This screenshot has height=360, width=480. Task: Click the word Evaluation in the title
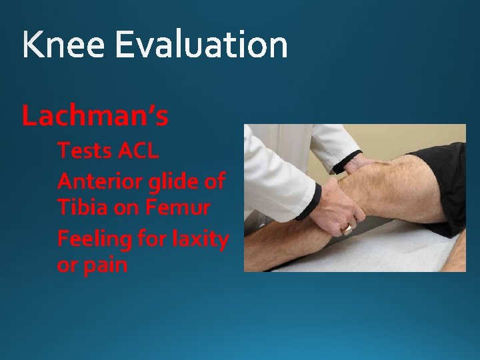(x=201, y=45)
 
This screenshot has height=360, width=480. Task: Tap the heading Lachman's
(x=95, y=116)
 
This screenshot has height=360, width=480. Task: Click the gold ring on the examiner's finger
(x=348, y=228)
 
